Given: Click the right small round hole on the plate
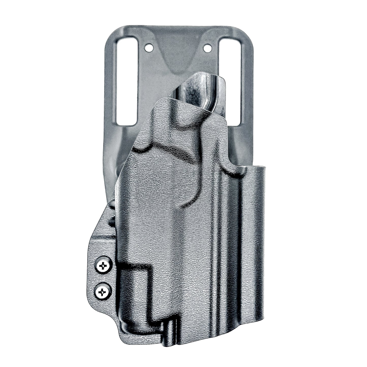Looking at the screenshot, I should click(x=208, y=47).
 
